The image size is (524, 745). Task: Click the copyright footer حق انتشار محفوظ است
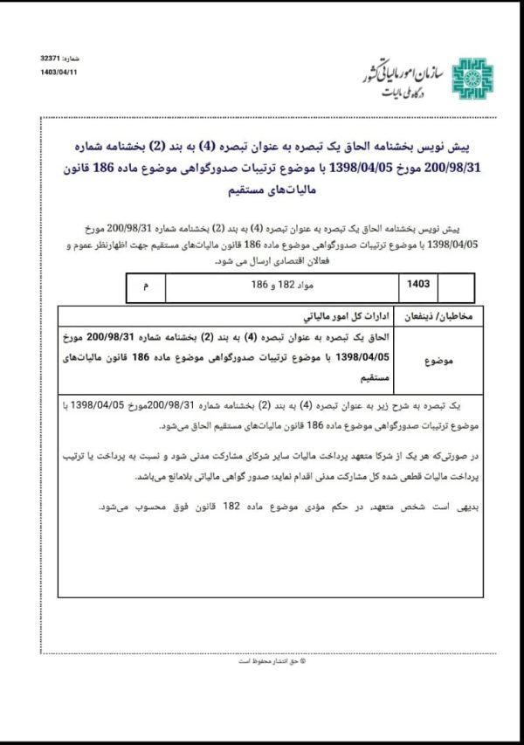point(261,661)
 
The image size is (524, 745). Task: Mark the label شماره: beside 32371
point(75,57)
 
